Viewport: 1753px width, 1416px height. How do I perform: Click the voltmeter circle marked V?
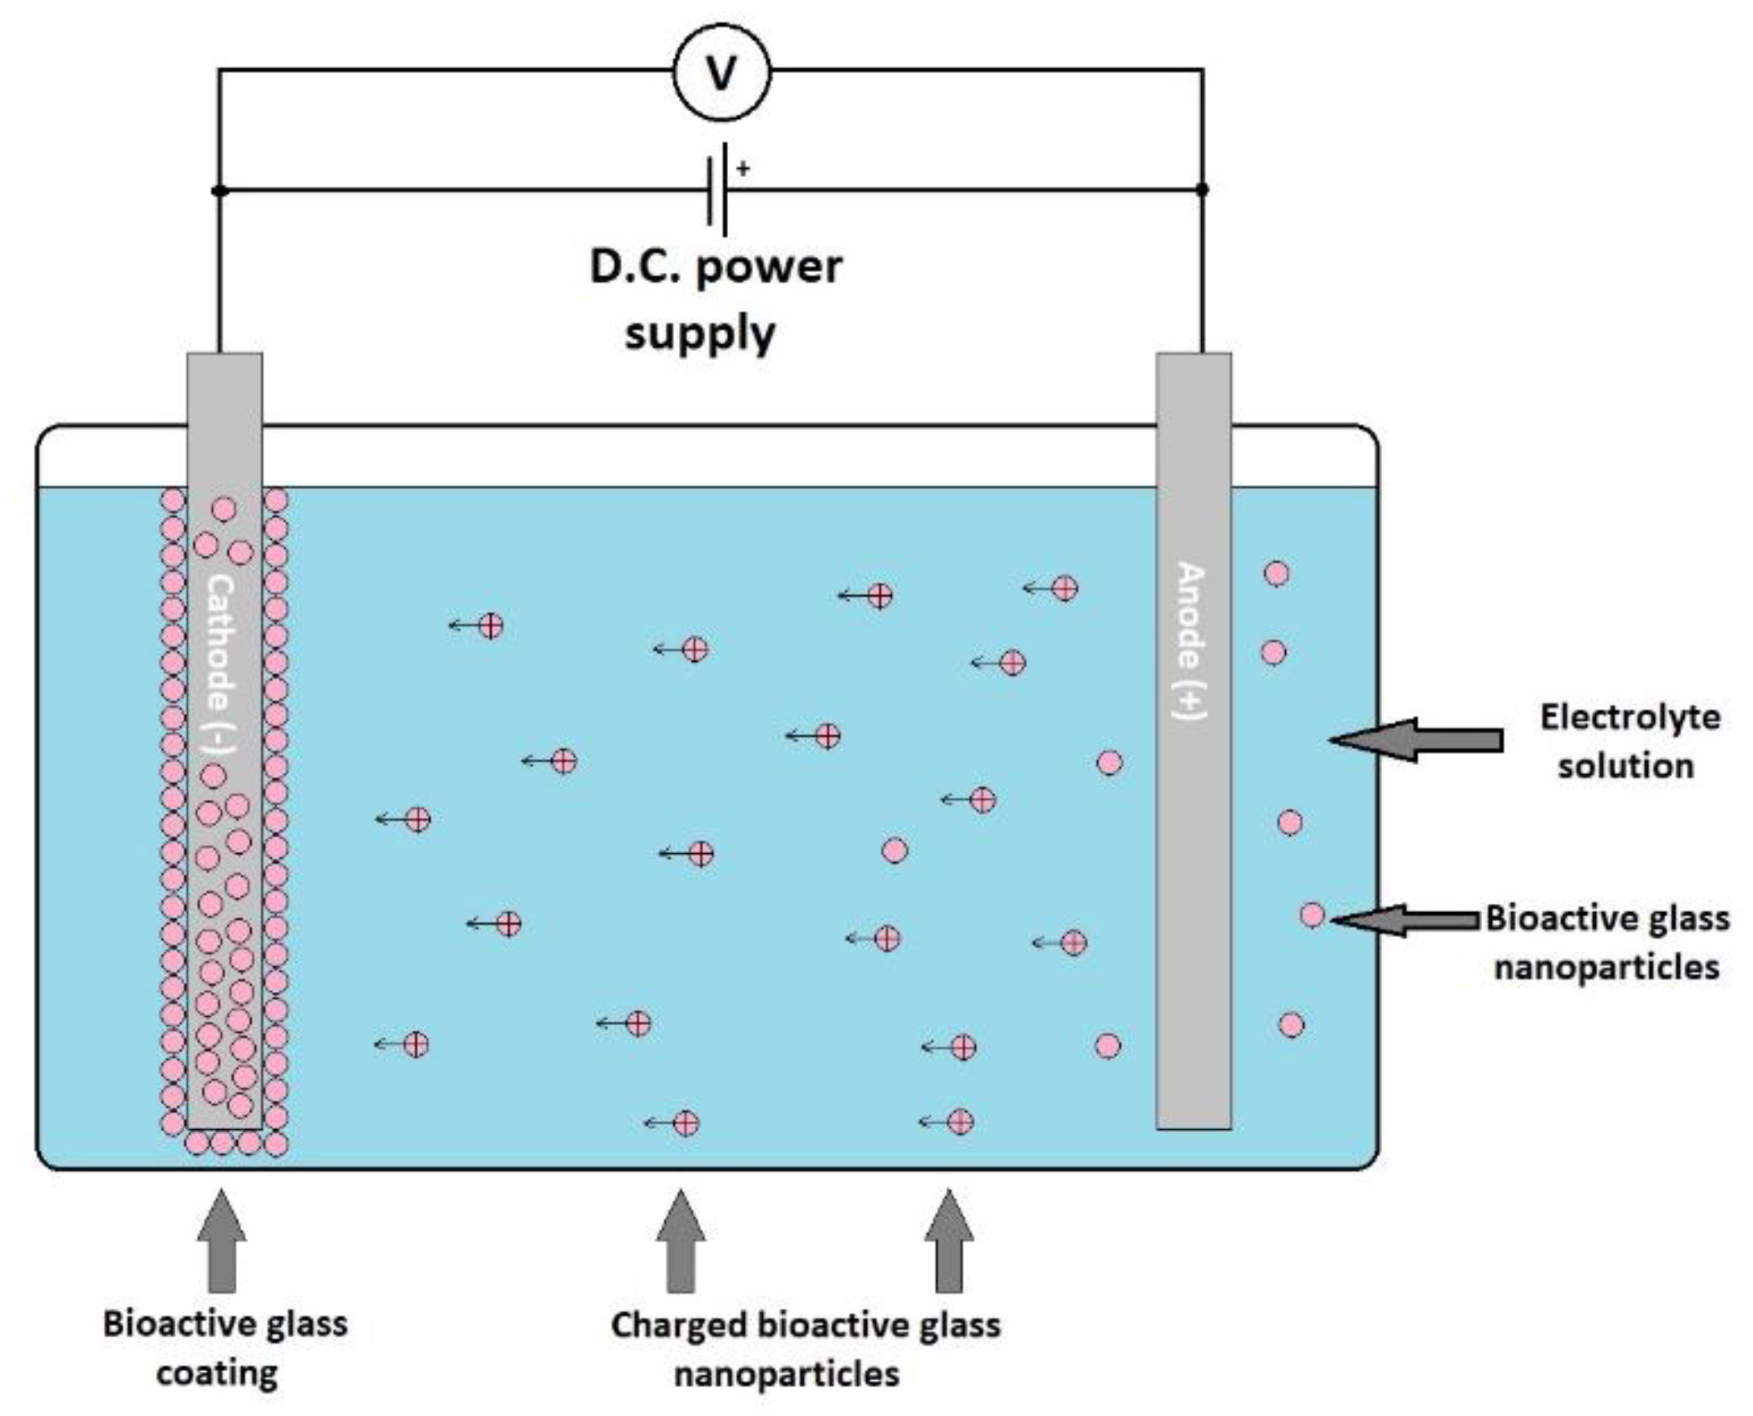[721, 73]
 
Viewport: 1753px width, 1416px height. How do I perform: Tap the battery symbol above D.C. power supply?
[717, 190]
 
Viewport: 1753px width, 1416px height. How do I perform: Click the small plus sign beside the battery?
[743, 169]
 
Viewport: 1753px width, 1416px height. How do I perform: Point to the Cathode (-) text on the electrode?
[220, 665]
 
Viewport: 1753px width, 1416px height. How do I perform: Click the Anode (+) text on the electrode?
[1192, 640]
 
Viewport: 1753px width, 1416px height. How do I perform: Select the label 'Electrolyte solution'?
[1627, 741]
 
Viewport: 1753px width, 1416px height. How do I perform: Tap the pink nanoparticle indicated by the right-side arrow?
[1312, 915]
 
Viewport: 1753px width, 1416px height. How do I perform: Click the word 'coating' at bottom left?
[217, 1372]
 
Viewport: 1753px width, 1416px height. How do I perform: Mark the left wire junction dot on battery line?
[219, 190]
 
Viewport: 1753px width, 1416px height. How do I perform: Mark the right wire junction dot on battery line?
[1202, 190]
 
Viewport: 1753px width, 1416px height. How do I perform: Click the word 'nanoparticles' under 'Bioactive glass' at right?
[1606, 968]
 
